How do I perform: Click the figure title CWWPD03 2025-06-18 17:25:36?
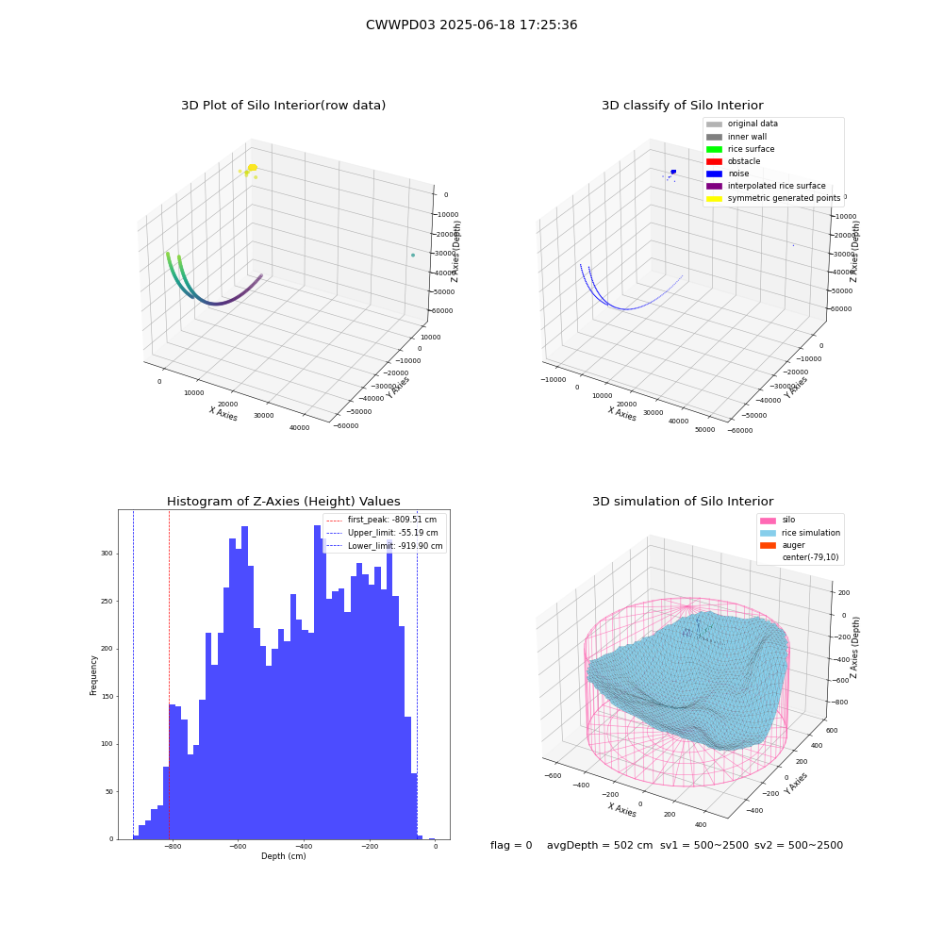pyautogui.click(x=471, y=25)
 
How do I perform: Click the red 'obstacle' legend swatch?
pyautogui.click(x=714, y=161)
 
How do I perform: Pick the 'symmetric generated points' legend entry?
pyautogui.click(x=773, y=198)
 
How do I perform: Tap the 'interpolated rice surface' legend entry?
pyautogui.click(x=766, y=186)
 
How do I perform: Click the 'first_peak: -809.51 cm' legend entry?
pyautogui.click(x=381, y=520)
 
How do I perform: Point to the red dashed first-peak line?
pyautogui.click(x=169, y=674)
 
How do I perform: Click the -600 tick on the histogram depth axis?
pyautogui.click(x=238, y=846)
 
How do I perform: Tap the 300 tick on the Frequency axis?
pyautogui.click(x=108, y=554)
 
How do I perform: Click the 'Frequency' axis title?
pyautogui.click(x=93, y=675)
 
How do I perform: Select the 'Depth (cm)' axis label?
pyautogui.click(x=284, y=856)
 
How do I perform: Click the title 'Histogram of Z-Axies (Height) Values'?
pyautogui.click(x=283, y=501)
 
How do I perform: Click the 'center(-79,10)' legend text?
pyautogui.click(x=810, y=557)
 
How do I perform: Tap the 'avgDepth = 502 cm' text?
pyautogui.click(x=600, y=845)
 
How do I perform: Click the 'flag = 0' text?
pyautogui.click(x=511, y=845)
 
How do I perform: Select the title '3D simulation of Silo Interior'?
pyautogui.click(x=683, y=501)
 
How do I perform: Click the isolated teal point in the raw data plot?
pyautogui.click(x=413, y=255)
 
